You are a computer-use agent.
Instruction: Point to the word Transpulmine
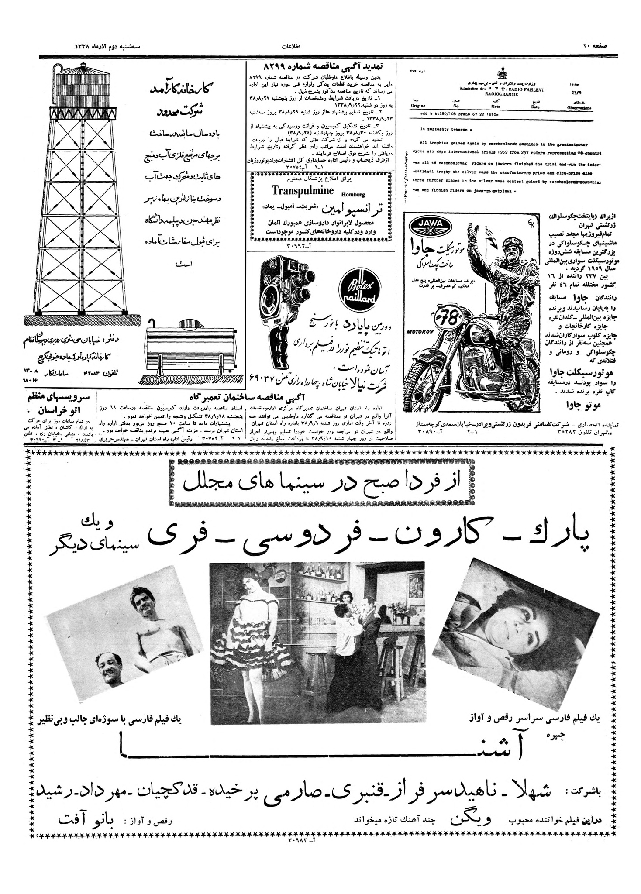(303, 191)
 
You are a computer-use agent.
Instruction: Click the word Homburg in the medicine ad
(353, 195)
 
